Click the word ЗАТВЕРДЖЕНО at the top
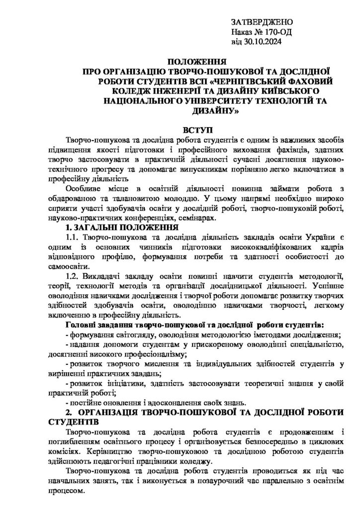[x=263, y=23]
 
